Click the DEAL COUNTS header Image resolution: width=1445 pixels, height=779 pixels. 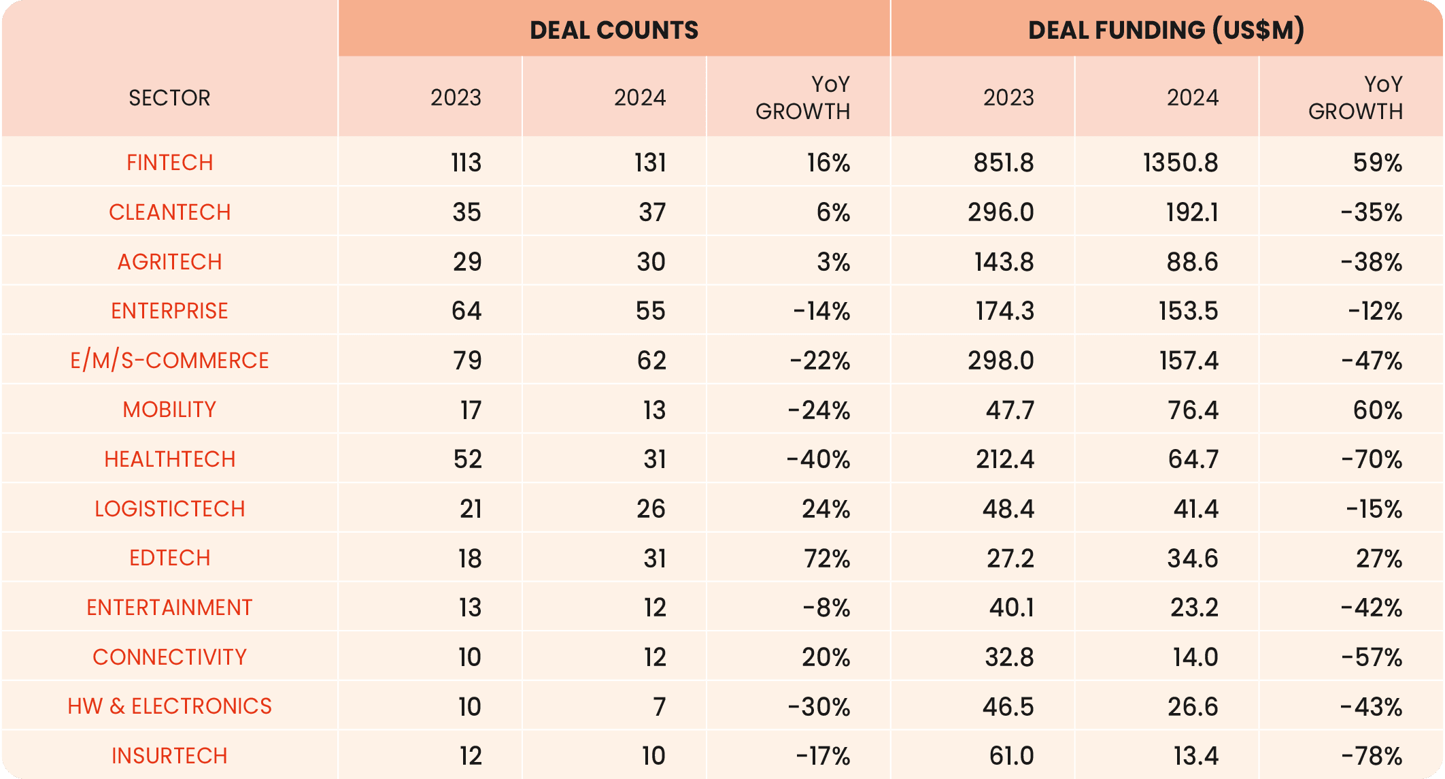(613, 30)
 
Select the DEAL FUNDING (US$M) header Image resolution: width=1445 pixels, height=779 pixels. (1166, 30)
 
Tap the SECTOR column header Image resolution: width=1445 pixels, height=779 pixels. (169, 98)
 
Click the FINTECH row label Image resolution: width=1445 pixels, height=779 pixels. (169, 163)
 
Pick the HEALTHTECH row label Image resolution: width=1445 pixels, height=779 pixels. (169, 459)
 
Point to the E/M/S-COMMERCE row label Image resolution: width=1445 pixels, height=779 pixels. (169, 361)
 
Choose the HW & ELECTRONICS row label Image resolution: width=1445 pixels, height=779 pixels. (169, 706)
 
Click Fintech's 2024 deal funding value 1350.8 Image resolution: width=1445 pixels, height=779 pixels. (1180, 163)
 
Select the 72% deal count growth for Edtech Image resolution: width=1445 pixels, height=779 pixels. (826, 559)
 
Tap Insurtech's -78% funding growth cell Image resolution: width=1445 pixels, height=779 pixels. (1372, 756)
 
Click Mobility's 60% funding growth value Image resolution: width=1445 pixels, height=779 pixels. (1378, 410)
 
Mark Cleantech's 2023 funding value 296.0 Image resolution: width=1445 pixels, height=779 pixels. (1001, 212)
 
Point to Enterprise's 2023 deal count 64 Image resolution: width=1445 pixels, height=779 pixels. (466, 311)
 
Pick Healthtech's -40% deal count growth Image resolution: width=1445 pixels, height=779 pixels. (818, 459)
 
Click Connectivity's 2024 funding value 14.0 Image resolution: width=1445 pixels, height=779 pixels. (1195, 657)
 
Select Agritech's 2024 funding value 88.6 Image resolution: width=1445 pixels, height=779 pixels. (1192, 262)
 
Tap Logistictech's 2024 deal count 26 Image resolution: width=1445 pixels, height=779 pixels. (651, 509)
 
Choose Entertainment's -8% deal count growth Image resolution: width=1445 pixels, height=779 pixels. (826, 608)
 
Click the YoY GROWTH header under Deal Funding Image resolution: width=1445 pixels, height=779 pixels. (1355, 98)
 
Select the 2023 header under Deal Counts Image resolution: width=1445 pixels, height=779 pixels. (456, 98)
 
